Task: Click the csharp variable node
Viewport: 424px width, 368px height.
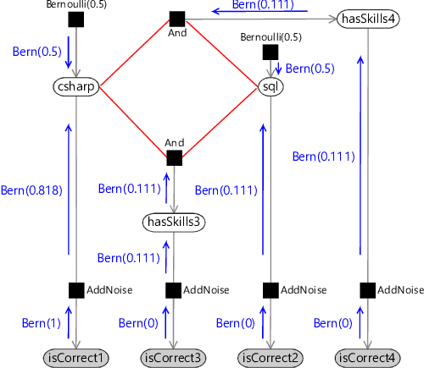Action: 76,86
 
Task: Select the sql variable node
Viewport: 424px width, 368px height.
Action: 271,86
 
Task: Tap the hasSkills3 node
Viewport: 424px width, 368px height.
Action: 174,222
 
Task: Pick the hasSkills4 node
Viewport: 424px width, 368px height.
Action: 368,19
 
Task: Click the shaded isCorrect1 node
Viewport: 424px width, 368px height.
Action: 76,358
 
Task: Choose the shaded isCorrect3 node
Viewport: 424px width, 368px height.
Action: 173,358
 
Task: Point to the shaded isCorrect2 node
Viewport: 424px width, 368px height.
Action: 271,358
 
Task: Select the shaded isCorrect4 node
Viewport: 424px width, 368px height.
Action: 367,358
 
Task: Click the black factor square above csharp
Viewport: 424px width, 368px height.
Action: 76,19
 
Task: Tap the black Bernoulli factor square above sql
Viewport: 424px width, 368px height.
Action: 271,52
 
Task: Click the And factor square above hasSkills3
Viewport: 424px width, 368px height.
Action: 175,158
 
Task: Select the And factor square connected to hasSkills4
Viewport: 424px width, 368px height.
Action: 177,19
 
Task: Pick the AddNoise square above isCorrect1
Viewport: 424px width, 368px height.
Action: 76,290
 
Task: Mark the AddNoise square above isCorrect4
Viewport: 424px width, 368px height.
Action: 368,290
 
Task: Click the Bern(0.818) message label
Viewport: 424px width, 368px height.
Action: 31,190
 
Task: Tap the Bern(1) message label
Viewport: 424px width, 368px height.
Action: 42,323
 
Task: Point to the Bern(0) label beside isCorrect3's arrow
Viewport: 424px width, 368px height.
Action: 138,323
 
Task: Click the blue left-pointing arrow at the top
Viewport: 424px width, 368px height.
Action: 259,11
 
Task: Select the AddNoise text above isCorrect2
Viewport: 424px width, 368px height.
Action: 304,290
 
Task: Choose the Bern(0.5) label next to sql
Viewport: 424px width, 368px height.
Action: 310,69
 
